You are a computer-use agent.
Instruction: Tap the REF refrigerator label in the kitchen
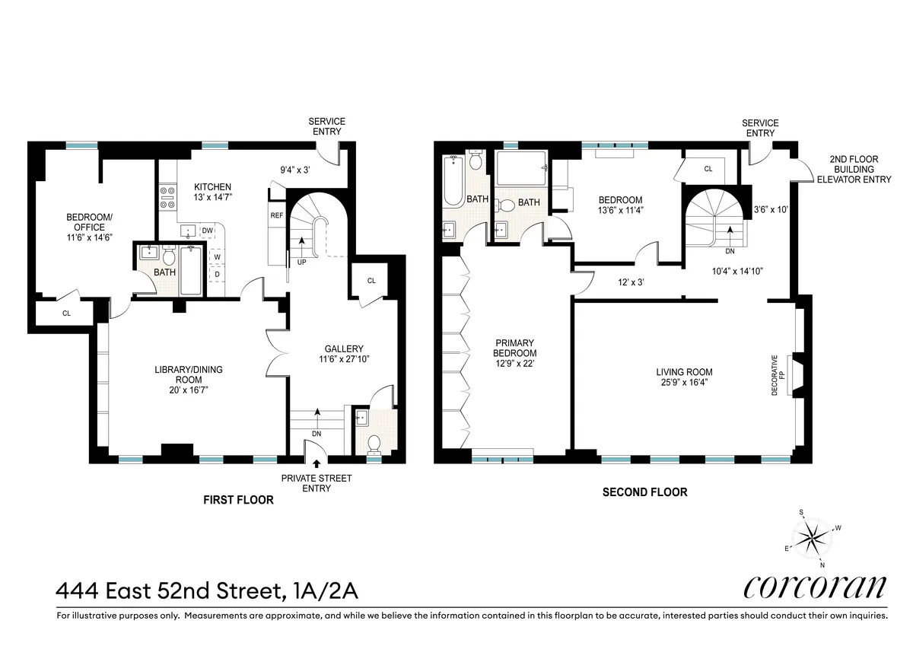point(277,215)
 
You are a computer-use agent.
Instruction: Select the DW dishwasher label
point(207,231)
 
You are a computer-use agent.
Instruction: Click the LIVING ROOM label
point(684,372)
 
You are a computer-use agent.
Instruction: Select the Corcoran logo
point(815,587)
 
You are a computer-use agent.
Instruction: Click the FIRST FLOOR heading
point(237,500)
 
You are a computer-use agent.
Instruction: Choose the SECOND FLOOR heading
point(644,492)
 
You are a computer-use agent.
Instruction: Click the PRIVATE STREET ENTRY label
point(317,483)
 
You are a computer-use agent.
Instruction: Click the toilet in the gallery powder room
point(374,444)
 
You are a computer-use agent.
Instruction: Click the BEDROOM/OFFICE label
point(89,227)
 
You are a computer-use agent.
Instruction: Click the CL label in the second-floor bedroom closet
point(708,169)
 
